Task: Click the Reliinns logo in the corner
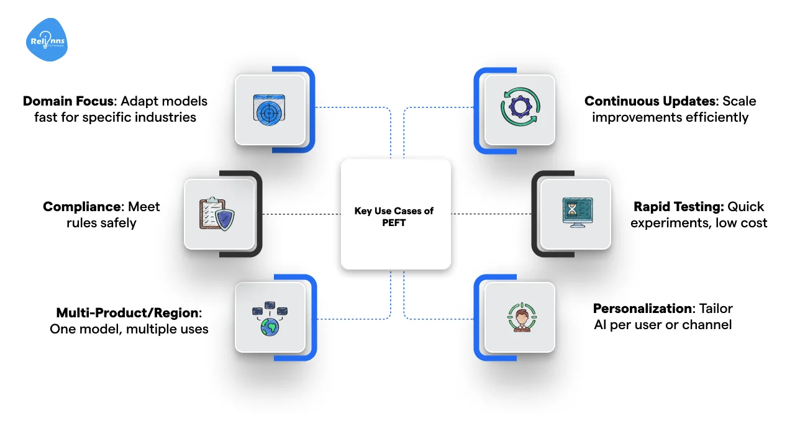point(47,40)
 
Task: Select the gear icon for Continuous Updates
point(520,110)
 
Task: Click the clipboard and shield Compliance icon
point(219,214)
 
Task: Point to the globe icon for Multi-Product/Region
point(270,318)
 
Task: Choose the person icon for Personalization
point(520,318)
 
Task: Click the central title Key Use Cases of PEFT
point(394,217)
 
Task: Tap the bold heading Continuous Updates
point(650,101)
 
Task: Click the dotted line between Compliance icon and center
point(301,214)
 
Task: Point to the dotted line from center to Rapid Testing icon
point(491,214)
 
